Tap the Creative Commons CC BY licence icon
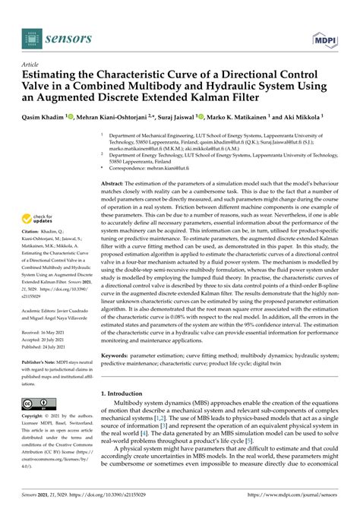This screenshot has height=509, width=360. point(38,403)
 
